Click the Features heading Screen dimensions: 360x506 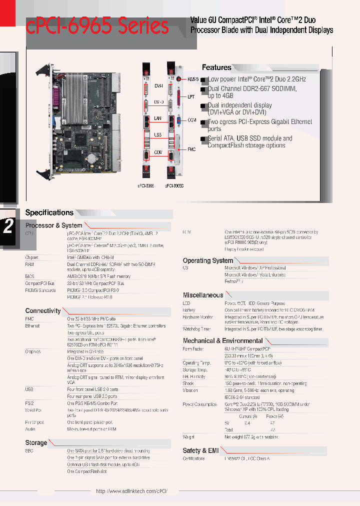(216, 67)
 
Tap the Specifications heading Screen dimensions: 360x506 (49, 212)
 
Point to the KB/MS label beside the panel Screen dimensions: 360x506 (193, 79)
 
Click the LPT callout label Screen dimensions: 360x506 (191, 96)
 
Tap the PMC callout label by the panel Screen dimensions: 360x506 (191, 149)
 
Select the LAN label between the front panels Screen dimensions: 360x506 (157, 118)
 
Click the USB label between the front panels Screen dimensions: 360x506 (157, 134)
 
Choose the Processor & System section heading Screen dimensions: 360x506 (53, 225)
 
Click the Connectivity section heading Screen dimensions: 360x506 (43, 310)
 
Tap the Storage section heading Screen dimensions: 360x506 (36, 442)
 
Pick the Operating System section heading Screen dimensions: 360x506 (208, 260)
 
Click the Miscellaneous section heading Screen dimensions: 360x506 (203, 295)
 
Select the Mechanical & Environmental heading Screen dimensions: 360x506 (222, 340)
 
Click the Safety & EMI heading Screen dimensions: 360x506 (201, 450)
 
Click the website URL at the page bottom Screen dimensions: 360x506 (131, 491)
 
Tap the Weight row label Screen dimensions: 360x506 (188, 437)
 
